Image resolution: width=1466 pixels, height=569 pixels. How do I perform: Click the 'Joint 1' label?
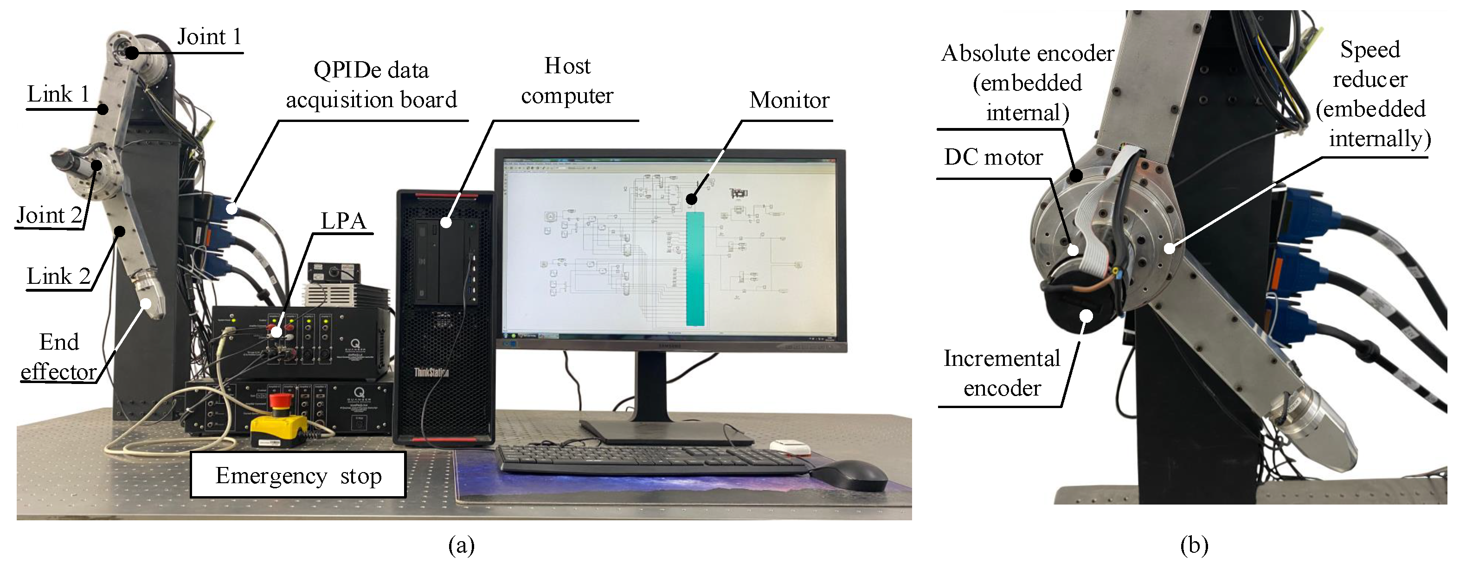pyautogui.click(x=209, y=37)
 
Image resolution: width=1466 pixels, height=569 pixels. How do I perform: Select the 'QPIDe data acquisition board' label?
pyautogui.click(x=371, y=85)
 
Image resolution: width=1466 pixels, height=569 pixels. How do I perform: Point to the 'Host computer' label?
pyautogui.click(x=567, y=81)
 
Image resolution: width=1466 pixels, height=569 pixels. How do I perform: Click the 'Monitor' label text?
pyautogui.click(x=789, y=100)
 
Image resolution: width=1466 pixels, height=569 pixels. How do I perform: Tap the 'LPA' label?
pyautogui.click(x=343, y=221)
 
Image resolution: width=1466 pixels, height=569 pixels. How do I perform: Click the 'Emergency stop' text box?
pyautogui.click(x=298, y=475)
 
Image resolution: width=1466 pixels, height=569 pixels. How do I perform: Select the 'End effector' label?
pyautogui.click(x=58, y=357)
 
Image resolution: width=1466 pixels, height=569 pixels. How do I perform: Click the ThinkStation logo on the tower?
pyautogui.click(x=431, y=373)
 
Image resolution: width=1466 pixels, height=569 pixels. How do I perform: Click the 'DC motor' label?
pyautogui.click(x=993, y=157)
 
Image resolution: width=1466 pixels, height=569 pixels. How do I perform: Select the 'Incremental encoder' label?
pyautogui.click(x=1002, y=373)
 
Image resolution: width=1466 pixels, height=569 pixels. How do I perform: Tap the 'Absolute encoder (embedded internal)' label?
pyautogui.click(x=1027, y=83)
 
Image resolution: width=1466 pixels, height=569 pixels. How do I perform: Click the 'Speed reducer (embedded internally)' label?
pyautogui.click(x=1371, y=94)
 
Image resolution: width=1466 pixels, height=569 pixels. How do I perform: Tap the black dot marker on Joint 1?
pyautogui.click(x=132, y=53)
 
